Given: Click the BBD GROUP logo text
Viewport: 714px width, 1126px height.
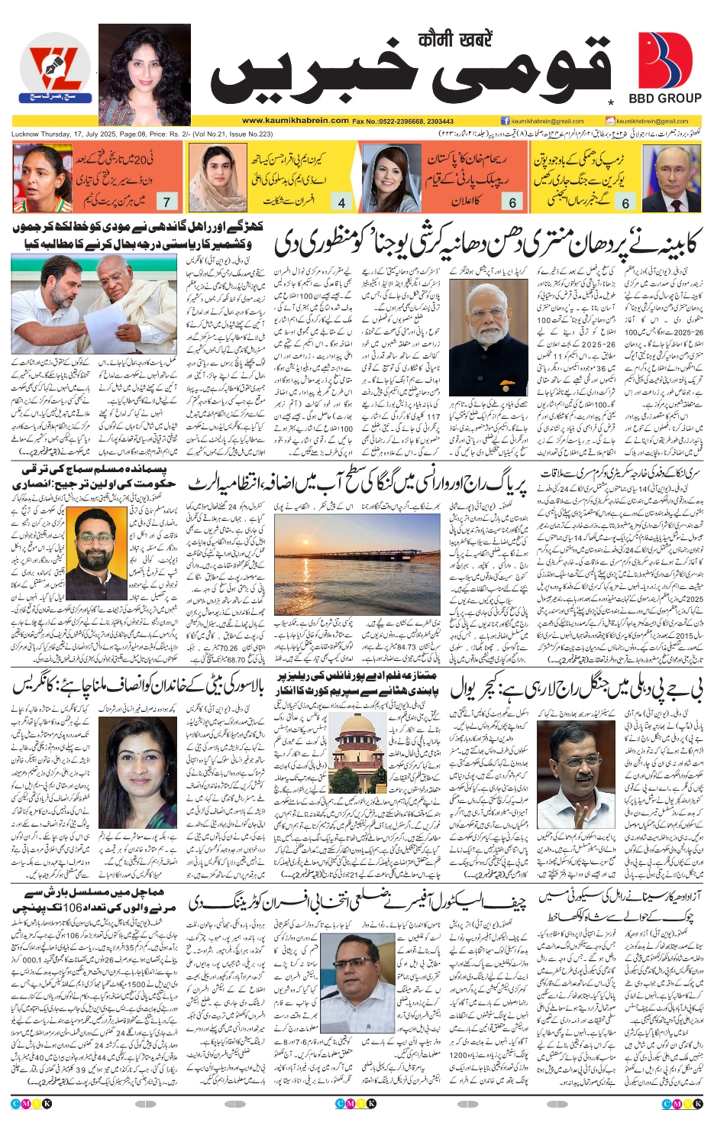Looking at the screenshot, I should point(664,99).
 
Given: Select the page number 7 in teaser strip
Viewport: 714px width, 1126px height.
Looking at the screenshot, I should point(166,202).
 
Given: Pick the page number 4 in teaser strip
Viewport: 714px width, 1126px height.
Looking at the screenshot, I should point(341,202).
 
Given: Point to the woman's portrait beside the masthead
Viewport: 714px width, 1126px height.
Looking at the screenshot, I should point(144,74).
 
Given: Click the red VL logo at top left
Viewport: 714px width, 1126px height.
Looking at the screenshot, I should point(55,74).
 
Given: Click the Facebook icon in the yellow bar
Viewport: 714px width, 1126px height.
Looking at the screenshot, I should point(505,121).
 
